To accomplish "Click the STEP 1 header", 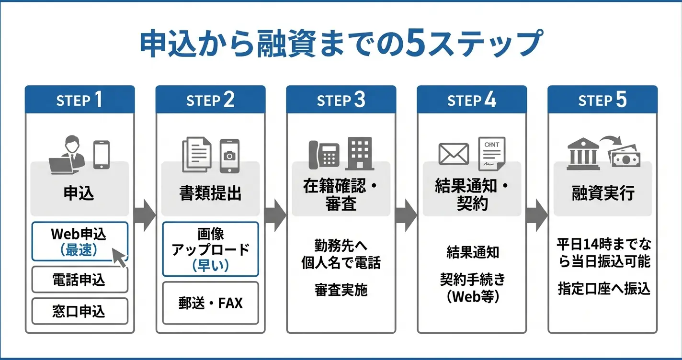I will coord(80,100).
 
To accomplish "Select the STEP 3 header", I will coord(341,100).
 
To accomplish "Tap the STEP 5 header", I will coord(602,100).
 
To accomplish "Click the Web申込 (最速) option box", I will coord(80,241).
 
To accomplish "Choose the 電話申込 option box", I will coord(80,280).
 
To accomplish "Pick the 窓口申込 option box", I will coord(80,312).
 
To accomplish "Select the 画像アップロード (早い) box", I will coord(210,249).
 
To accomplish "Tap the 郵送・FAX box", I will coord(210,303).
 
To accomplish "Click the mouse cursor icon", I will coord(119,257).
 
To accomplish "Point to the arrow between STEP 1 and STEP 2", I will coord(145,212).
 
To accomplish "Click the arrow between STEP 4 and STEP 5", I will coord(537,212).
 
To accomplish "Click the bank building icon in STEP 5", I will coord(583,154).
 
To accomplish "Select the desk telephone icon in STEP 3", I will coord(323,155).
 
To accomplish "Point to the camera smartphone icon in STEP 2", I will coord(229,156).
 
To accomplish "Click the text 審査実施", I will coord(341,290).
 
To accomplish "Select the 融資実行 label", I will coord(603,193).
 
